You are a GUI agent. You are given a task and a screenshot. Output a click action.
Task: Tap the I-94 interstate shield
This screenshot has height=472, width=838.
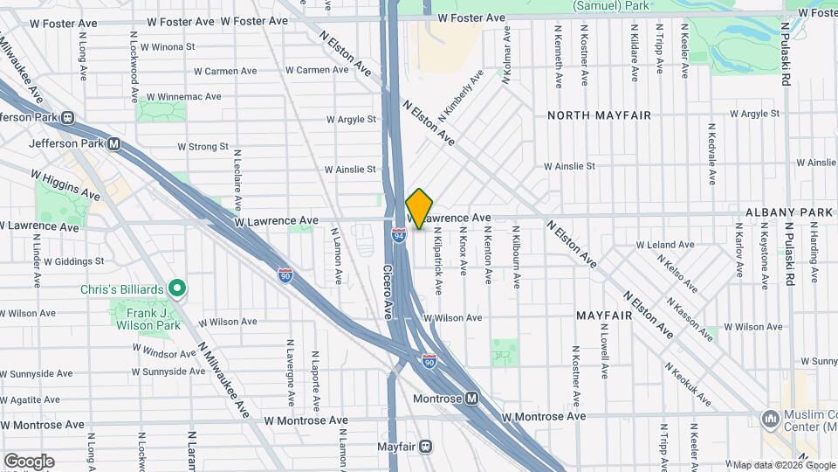[x=398, y=236]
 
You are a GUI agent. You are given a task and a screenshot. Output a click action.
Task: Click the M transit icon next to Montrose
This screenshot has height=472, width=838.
[x=471, y=398]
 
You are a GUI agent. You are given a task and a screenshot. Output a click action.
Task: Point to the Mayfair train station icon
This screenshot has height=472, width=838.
[x=425, y=446]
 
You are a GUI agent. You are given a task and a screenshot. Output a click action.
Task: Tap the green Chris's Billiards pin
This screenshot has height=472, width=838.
[x=177, y=287]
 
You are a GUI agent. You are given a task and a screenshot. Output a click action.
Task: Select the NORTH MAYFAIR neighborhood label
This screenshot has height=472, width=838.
[x=588, y=115]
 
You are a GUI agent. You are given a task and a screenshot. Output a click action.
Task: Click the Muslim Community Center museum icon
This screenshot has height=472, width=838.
[x=771, y=420]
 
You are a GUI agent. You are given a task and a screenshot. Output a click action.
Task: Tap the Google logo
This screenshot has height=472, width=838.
[x=29, y=461]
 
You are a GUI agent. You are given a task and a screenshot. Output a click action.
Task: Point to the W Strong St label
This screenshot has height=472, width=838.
[x=203, y=147]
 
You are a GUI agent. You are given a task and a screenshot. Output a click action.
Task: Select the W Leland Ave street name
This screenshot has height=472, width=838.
[x=664, y=245]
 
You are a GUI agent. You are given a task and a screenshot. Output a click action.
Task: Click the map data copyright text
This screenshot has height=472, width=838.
[x=783, y=465]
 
